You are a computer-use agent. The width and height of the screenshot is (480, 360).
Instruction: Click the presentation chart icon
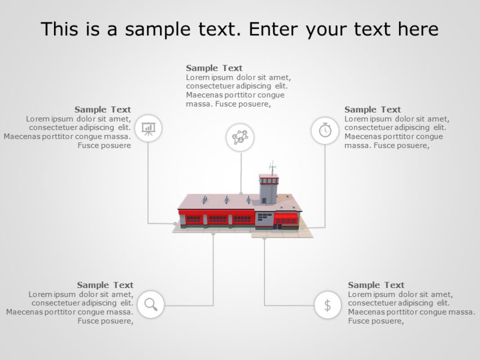149,128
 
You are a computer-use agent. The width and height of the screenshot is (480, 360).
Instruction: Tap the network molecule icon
240,137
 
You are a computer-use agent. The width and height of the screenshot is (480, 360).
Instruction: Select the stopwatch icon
325,130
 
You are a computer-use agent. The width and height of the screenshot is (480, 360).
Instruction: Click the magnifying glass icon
151,304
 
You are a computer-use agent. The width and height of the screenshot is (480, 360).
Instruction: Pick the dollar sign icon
328,305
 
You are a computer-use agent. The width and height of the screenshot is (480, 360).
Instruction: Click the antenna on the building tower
272,168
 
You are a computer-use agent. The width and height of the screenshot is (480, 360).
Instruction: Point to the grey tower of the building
268,190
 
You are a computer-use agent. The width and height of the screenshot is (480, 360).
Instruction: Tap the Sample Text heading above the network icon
214,68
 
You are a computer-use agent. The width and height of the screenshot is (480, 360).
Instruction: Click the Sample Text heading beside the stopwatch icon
373,109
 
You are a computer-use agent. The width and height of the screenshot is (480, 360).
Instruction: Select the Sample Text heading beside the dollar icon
376,285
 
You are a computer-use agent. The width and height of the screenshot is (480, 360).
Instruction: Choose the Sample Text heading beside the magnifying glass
105,285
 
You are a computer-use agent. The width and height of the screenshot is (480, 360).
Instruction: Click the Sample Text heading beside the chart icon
102,109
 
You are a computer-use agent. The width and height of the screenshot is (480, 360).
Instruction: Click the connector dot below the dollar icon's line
264,238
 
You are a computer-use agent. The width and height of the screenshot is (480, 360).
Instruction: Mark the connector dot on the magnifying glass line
213,233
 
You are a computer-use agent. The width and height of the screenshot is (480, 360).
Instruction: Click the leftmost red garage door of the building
194,219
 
